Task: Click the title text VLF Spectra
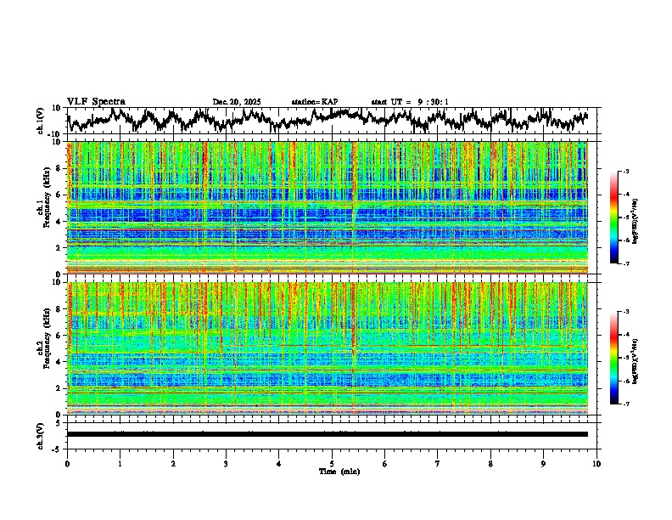(x=96, y=102)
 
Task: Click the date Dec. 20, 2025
(x=236, y=102)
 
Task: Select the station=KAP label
(x=314, y=102)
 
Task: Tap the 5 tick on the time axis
(x=332, y=464)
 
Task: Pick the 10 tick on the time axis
(x=596, y=464)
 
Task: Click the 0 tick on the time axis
(x=67, y=464)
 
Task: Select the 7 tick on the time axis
(x=438, y=464)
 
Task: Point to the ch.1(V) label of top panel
(x=41, y=121)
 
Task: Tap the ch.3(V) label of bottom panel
(x=41, y=434)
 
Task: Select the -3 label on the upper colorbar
(x=649, y=172)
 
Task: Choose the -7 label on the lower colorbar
(x=649, y=404)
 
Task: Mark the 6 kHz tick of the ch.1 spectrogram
(x=59, y=195)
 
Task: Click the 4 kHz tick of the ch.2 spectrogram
(x=59, y=361)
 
